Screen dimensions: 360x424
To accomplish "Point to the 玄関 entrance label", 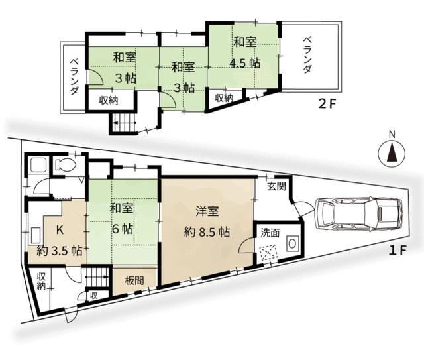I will (x=276, y=187).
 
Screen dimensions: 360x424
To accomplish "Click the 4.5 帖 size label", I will (x=244, y=63).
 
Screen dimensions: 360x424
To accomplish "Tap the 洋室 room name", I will (x=207, y=212).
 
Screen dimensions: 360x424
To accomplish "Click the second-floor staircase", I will (x=124, y=123).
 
